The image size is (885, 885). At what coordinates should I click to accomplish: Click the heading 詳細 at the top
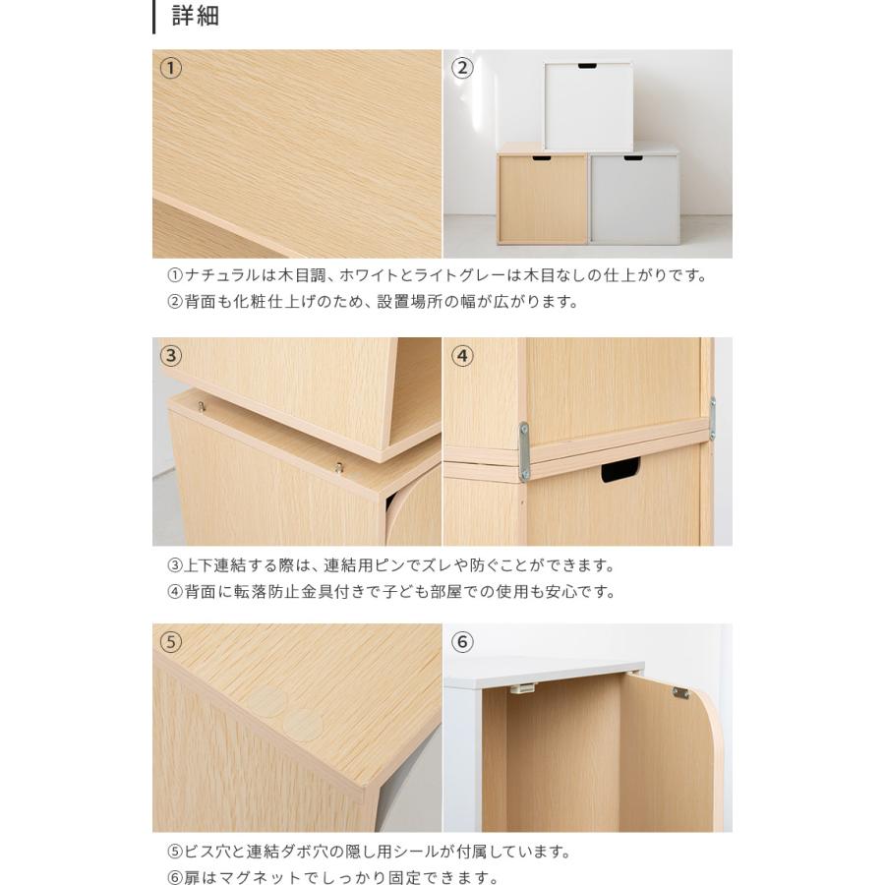195,17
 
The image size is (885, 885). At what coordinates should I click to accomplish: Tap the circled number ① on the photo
171,68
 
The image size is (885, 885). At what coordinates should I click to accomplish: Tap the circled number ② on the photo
462,68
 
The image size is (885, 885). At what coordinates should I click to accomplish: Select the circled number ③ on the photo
171,355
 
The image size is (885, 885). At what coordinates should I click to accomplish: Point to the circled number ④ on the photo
462,355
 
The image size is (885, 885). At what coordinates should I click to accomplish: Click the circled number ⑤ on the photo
171,642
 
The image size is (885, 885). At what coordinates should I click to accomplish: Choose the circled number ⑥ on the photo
462,642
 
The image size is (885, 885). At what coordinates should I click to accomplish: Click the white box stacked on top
588,106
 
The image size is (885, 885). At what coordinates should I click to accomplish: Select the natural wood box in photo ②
543,200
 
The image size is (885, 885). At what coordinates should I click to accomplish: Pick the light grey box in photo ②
634,200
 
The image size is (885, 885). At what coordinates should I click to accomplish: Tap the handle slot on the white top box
587,67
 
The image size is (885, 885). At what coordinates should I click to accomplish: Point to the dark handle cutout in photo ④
620,471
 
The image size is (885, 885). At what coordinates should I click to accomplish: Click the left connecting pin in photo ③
202,405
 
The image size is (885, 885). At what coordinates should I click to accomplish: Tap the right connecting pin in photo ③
338,467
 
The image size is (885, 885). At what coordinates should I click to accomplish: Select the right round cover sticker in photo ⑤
303,726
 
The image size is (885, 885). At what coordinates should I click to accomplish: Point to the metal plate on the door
679,693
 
